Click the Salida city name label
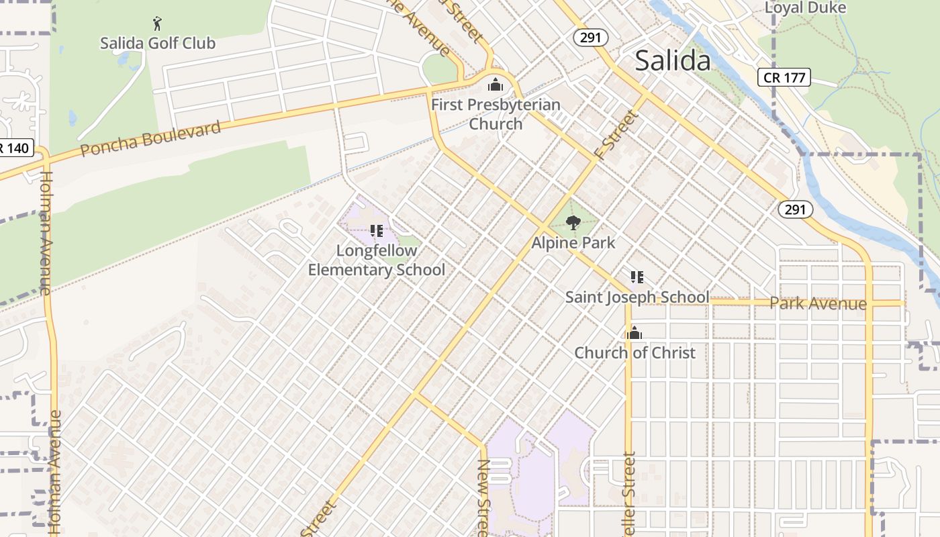(x=672, y=61)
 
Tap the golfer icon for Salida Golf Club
(x=157, y=24)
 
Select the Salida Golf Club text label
(x=158, y=44)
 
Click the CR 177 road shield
(x=784, y=77)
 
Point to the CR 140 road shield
(x=15, y=148)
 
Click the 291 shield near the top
(x=590, y=38)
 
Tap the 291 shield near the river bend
(x=795, y=209)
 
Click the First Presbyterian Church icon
(x=496, y=85)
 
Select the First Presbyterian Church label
(x=496, y=114)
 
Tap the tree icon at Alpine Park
(x=573, y=223)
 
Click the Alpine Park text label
(x=573, y=242)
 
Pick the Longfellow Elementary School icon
(x=376, y=231)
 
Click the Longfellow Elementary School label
(x=376, y=260)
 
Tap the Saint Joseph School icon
(x=637, y=277)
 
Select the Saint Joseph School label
(x=637, y=297)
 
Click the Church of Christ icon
(x=634, y=333)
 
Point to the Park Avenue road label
(x=818, y=303)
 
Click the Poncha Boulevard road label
(x=150, y=138)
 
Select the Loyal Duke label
(x=805, y=8)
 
